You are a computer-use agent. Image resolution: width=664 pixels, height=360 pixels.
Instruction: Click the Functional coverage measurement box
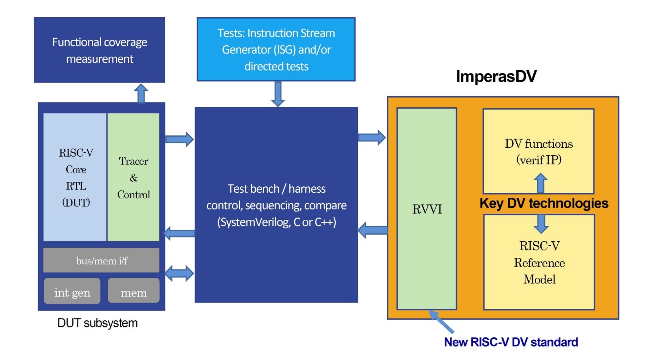[x=99, y=50]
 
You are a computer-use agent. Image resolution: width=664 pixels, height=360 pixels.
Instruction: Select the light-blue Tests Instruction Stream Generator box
[x=276, y=50]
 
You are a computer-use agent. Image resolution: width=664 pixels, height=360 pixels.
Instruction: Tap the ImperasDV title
[x=496, y=77]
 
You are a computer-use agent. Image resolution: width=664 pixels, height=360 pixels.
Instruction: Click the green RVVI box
[x=427, y=209]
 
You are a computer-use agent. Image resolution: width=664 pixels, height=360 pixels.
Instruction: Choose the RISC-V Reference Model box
[x=539, y=263]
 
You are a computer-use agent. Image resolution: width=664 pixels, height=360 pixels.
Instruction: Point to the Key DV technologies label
[x=544, y=203]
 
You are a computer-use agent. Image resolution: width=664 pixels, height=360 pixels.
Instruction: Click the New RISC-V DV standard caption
[x=511, y=342]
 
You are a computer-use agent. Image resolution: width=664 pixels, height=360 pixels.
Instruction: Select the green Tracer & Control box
[x=134, y=177]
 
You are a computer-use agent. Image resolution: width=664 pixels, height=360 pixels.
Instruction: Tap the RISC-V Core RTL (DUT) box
[x=75, y=177]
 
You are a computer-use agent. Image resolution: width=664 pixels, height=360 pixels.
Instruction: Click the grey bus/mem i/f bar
[x=101, y=260]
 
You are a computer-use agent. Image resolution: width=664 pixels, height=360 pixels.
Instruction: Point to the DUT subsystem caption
[x=97, y=323]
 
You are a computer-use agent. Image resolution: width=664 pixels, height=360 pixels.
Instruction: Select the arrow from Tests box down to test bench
[x=278, y=94]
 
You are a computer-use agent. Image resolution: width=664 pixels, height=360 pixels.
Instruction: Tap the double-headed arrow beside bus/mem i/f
[x=180, y=273]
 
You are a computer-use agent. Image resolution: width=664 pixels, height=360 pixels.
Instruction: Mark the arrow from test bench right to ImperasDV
[x=372, y=137]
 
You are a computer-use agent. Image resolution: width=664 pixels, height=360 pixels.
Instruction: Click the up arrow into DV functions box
[x=540, y=182]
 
